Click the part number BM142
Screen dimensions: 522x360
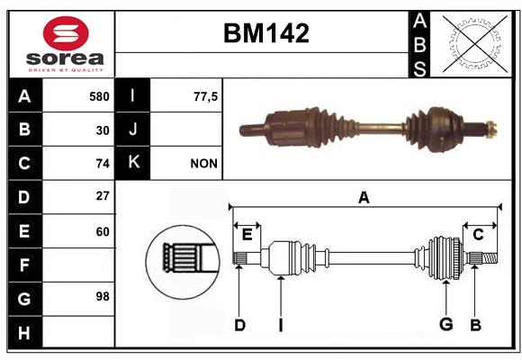266,33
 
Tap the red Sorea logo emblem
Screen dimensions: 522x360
66,33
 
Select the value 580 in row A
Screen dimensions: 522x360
99,96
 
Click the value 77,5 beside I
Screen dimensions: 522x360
205,96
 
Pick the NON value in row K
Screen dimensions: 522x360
203,164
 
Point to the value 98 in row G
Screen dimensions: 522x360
103,296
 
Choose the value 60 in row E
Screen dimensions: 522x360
103,231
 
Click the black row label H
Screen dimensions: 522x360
25,332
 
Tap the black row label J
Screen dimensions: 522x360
132,129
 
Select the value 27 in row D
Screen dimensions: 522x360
103,195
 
